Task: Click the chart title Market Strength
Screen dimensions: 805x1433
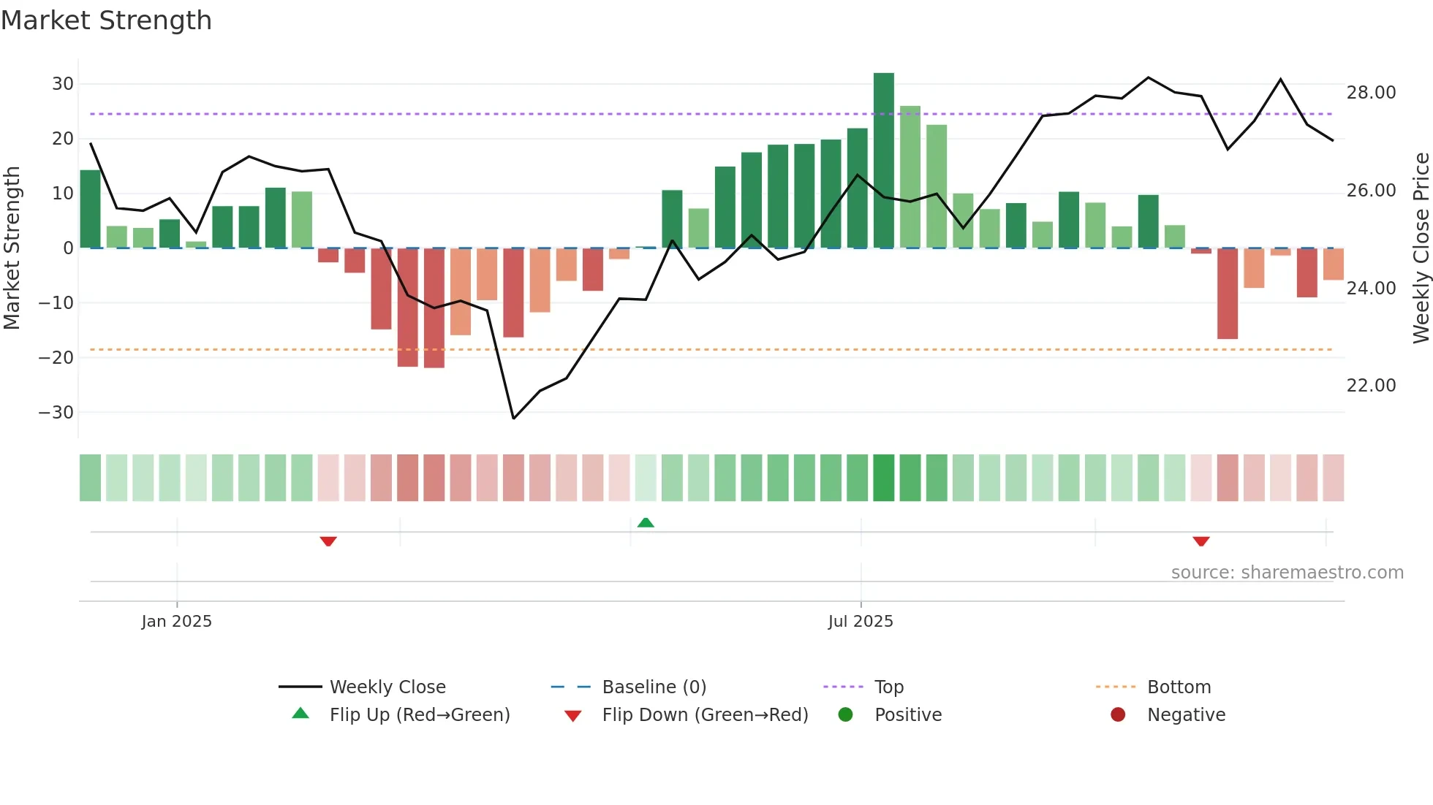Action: (x=106, y=20)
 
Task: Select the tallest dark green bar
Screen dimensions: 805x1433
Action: (x=883, y=161)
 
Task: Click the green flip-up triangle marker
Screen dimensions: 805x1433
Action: (x=646, y=522)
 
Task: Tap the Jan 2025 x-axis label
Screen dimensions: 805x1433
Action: (x=176, y=621)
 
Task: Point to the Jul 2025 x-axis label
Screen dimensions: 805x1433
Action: (x=861, y=621)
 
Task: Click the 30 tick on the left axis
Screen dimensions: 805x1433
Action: (x=63, y=84)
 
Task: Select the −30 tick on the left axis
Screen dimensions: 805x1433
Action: (x=56, y=412)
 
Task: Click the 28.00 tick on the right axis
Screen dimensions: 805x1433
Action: (x=1371, y=93)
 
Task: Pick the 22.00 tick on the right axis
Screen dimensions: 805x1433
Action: (x=1371, y=386)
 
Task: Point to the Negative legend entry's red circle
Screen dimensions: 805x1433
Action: (x=1118, y=714)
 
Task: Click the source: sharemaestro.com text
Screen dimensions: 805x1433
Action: (x=1287, y=573)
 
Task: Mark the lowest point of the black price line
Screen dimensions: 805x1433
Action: (x=513, y=419)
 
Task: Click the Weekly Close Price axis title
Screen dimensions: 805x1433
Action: (x=1421, y=248)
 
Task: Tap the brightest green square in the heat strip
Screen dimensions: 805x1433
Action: (x=883, y=478)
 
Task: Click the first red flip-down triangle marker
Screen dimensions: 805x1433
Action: (x=328, y=541)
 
